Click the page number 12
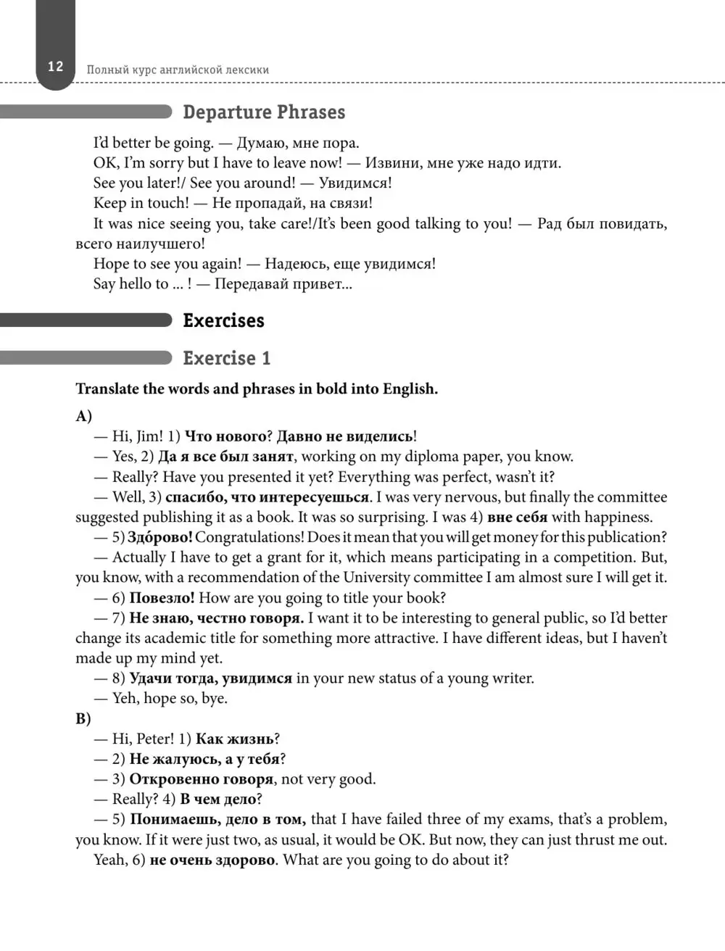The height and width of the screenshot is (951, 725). pos(56,67)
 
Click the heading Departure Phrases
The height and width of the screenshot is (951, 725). pos(264,112)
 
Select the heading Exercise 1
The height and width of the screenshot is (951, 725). pos(226,358)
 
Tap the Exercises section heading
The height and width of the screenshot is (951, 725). pos(223,320)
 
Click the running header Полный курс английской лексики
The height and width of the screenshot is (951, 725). pos(178,70)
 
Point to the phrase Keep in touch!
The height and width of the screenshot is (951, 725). pos(141,203)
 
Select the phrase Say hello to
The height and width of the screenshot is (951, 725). pos(130,283)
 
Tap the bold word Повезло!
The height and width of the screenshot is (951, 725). pos(162,598)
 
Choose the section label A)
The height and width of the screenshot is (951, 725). pos(83,416)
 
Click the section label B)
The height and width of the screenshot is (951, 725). pos(83,719)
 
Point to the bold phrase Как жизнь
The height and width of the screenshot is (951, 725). pos(235,739)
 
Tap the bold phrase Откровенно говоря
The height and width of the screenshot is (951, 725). pos(201,779)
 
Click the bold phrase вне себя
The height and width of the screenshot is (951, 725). pos(517,517)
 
